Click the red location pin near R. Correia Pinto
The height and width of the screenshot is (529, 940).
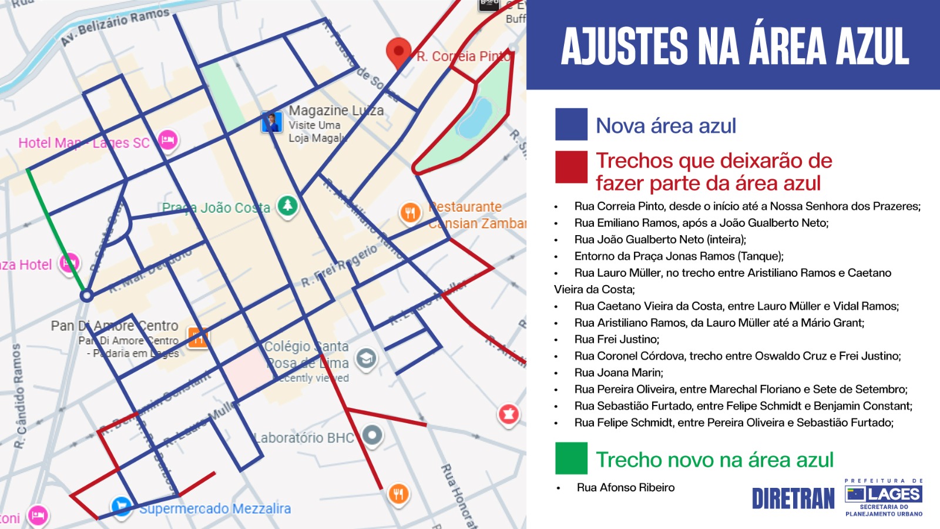(x=398, y=52)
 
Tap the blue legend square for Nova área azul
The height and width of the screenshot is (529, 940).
(x=571, y=124)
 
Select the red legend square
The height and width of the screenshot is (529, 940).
(x=571, y=167)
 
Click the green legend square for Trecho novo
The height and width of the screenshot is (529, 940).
(x=571, y=458)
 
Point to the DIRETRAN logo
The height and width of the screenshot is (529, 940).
(x=793, y=498)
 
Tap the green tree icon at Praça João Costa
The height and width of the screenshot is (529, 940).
(x=287, y=206)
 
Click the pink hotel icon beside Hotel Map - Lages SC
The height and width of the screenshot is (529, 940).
(x=168, y=140)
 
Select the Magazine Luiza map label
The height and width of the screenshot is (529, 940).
(x=336, y=111)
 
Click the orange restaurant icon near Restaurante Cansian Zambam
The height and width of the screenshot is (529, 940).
(x=410, y=212)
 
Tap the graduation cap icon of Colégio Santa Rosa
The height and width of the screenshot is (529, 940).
(x=366, y=358)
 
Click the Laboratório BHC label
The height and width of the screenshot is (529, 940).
(x=304, y=438)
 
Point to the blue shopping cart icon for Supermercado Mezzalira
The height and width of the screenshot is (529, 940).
(x=121, y=506)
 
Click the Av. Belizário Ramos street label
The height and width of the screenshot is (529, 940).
(x=115, y=27)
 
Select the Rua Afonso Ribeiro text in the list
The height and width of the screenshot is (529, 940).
(x=625, y=487)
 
